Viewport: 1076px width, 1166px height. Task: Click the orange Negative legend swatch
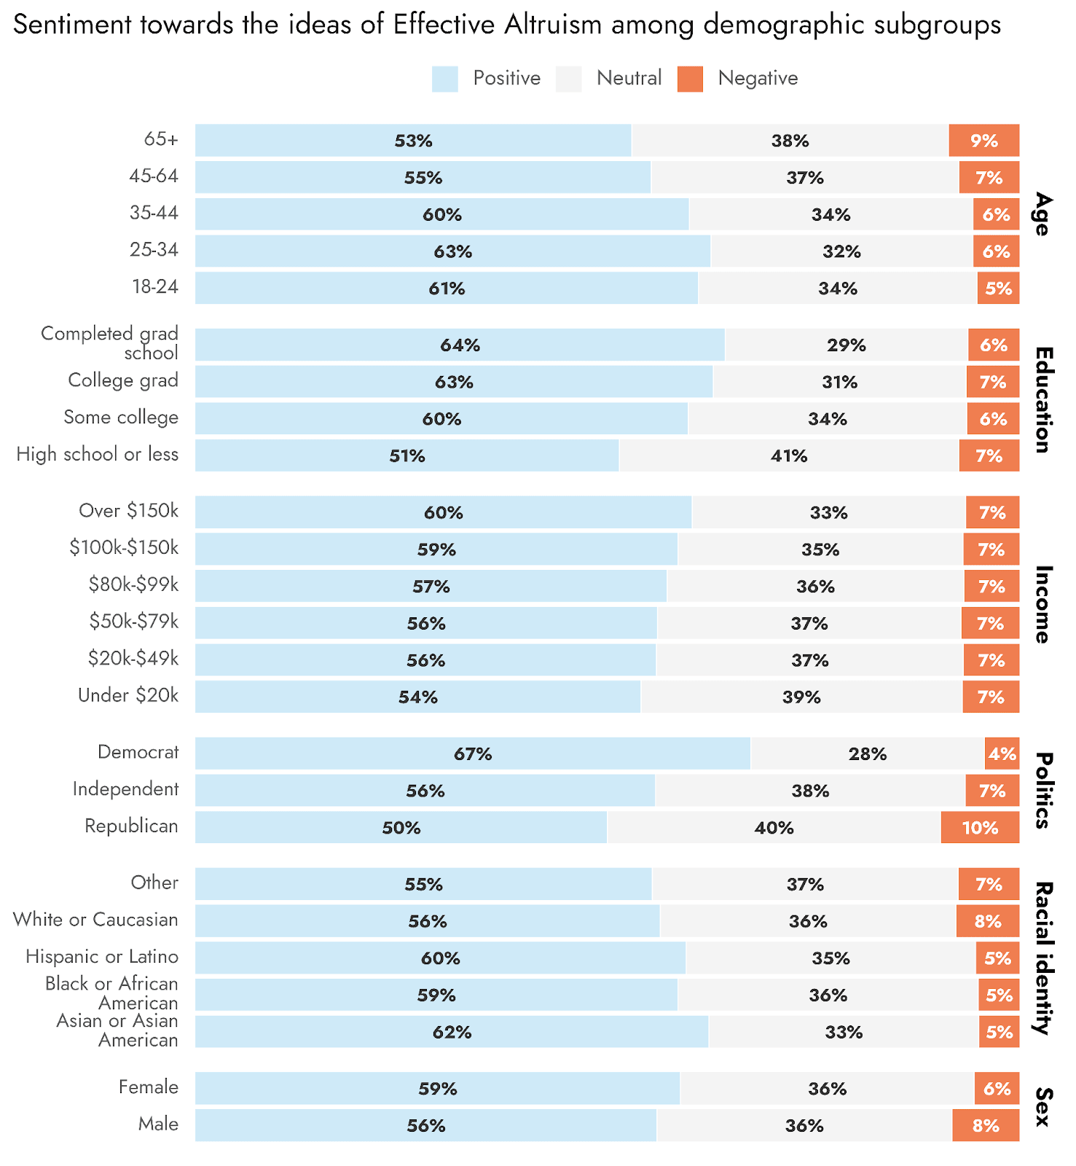(x=690, y=79)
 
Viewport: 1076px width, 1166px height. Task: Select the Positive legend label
(x=506, y=79)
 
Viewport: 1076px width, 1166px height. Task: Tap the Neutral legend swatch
(x=568, y=79)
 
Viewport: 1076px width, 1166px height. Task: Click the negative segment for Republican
(x=980, y=827)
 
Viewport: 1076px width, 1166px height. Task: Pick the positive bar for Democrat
(x=472, y=754)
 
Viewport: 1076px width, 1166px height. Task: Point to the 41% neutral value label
(x=789, y=456)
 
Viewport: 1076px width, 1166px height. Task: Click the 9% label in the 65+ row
(x=983, y=141)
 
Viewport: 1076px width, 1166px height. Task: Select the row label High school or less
(x=97, y=455)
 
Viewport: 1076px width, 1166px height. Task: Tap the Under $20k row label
(x=127, y=696)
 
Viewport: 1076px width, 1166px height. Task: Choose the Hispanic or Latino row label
(x=101, y=957)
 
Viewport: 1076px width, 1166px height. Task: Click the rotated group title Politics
(x=1043, y=791)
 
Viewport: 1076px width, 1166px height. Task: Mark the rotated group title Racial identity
(x=1043, y=958)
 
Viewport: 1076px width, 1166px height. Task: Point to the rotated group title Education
(x=1043, y=400)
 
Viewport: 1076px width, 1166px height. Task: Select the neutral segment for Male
(x=804, y=1125)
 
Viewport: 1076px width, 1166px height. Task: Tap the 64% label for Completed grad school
(x=460, y=345)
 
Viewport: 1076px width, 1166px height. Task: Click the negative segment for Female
(x=997, y=1089)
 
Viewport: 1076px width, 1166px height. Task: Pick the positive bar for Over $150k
(x=443, y=512)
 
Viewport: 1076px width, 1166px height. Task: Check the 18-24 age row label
(x=154, y=287)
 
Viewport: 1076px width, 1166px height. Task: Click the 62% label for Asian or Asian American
(x=452, y=1032)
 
